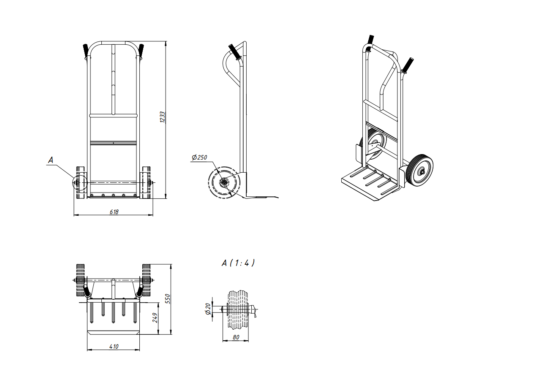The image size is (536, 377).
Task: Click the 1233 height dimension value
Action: pyautogui.click(x=163, y=117)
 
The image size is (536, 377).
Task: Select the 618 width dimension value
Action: pyautogui.click(x=114, y=212)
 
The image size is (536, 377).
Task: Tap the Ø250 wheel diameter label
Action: pyautogui.click(x=199, y=157)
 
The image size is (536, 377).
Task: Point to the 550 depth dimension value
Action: pyautogui.click(x=168, y=299)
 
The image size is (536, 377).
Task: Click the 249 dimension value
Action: pyautogui.click(x=155, y=317)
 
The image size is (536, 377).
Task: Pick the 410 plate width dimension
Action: pyautogui.click(x=114, y=347)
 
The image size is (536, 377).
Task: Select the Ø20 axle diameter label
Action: pyautogui.click(x=208, y=309)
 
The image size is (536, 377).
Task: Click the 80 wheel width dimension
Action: pyautogui.click(x=236, y=337)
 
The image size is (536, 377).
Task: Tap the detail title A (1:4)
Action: pyautogui.click(x=238, y=263)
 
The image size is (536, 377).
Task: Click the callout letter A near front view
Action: pyautogui.click(x=51, y=160)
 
